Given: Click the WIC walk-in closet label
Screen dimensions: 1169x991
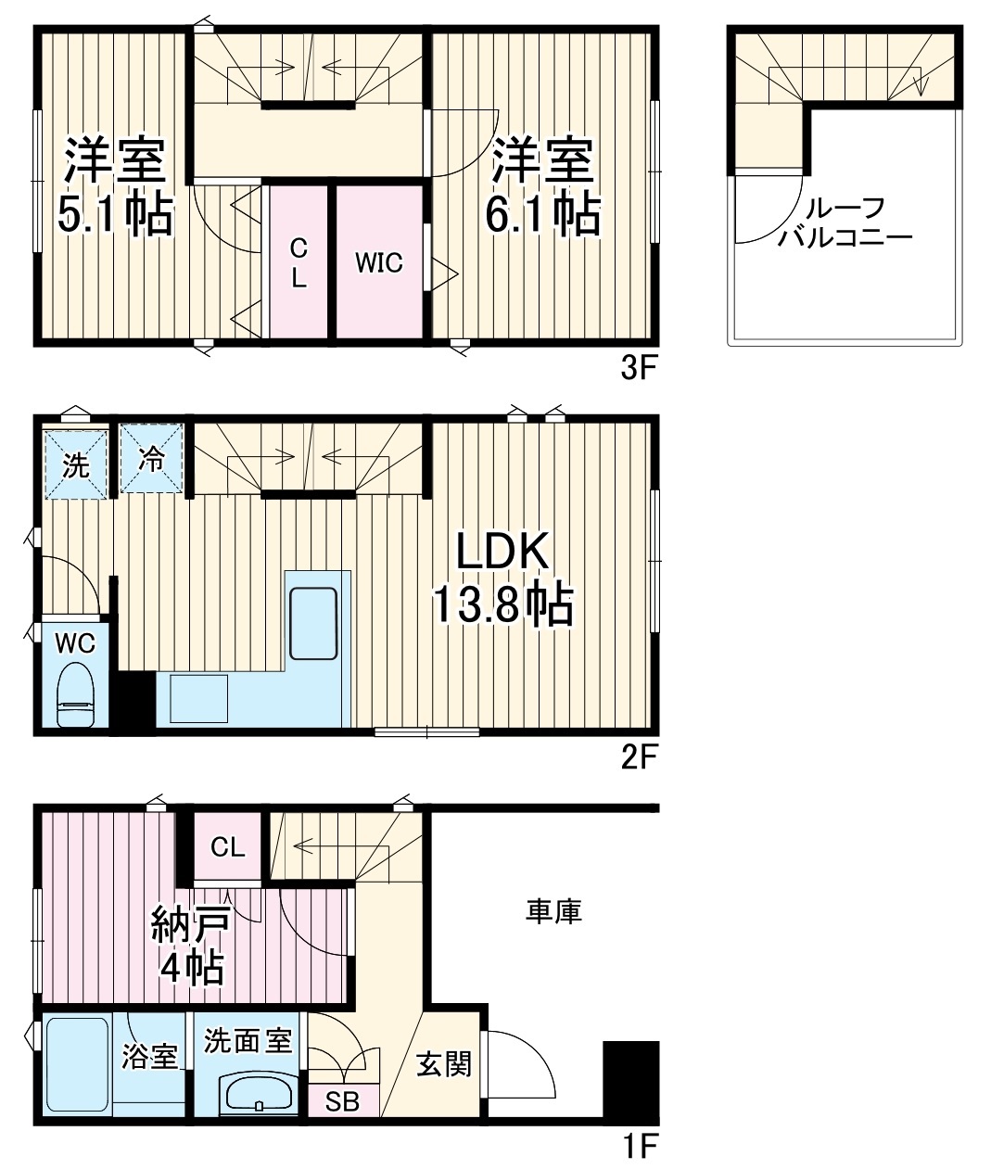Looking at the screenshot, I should click(x=380, y=262).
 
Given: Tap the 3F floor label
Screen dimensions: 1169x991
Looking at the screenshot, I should click(x=639, y=369).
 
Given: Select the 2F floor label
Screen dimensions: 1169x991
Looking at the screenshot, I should click(x=639, y=759).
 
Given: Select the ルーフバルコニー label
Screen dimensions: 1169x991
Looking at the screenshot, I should click(x=845, y=222).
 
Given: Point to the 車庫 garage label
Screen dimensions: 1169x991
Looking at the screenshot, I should click(x=553, y=911).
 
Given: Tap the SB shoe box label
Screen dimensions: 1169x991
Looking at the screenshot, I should click(x=342, y=1103).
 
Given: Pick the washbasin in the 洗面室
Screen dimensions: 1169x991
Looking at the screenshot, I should click(x=259, y=1094).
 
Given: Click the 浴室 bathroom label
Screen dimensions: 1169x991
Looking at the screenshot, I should click(x=150, y=1057).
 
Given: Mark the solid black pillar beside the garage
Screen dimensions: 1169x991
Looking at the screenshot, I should click(x=630, y=1079).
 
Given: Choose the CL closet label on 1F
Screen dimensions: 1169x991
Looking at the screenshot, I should click(x=227, y=846).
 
